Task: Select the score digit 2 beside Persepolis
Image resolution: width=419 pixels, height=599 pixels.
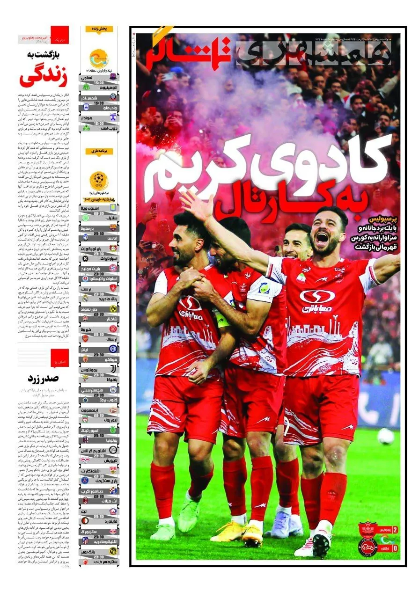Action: pos(395,530)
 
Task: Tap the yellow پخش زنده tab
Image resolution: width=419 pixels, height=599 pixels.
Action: pos(99,29)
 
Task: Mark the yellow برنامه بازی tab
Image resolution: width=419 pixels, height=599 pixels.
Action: pos(99,152)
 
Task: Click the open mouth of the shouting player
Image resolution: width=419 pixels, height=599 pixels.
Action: pos(322,239)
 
